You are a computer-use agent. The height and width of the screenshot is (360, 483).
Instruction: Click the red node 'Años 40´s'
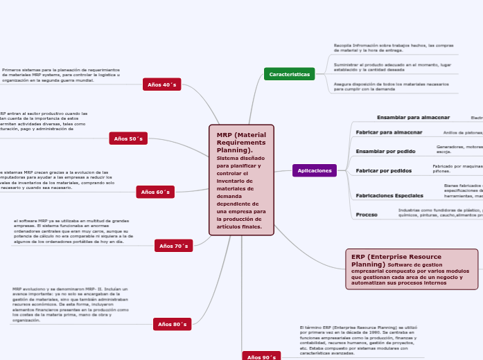[162, 84]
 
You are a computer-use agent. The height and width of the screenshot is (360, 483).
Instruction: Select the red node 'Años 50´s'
[128, 138]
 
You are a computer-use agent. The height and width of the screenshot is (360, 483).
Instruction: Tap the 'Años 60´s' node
[155, 192]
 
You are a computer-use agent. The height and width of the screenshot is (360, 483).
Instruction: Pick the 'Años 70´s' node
[173, 246]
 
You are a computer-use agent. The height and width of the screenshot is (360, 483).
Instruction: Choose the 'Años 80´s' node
[172, 324]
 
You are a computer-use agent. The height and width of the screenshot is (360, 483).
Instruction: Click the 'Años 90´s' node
[261, 356]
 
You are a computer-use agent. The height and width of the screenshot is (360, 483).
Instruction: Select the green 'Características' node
[289, 74]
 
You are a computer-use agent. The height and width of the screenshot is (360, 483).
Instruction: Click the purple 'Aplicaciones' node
[314, 170]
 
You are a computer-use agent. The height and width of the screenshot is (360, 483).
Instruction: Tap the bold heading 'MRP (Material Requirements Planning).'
[240, 142]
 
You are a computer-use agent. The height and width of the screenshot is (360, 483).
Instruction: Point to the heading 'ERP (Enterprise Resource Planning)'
[396, 260]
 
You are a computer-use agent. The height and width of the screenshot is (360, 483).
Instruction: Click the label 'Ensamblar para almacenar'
[413, 118]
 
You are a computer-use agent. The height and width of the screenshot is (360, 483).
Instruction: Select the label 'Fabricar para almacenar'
[389, 132]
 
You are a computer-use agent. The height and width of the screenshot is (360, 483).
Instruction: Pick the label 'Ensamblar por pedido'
[385, 151]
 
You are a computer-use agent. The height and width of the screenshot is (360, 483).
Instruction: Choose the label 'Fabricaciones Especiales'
[389, 196]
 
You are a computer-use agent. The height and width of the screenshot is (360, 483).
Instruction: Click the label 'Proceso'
[367, 215]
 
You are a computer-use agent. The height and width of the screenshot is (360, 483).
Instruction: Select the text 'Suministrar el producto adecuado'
[392, 66]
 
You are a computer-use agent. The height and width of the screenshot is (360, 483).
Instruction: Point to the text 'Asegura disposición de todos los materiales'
[392, 86]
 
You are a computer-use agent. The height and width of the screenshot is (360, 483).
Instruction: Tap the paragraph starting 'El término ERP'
[358, 339]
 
